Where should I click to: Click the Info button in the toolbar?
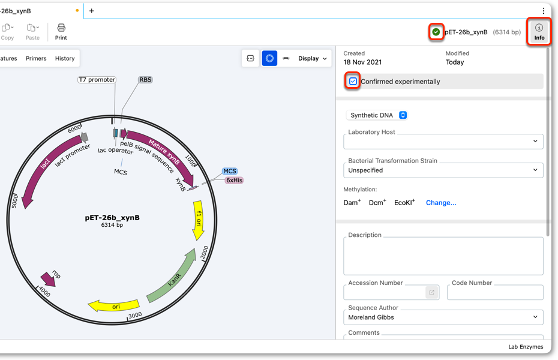pyautogui.click(x=539, y=32)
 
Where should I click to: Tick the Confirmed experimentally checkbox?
pyautogui.click(x=353, y=82)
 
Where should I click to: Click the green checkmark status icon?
pyautogui.click(x=436, y=32)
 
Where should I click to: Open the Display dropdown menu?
pyautogui.click(x=312, y=58)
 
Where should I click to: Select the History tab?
pyautogui.click(x=65, y=58)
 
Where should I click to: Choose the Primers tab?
pyautogui.click(x=36, y=58)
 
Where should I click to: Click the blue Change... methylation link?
pyautogui.click(x=441, y=203)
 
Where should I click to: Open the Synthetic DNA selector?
pyautogui.click(x=377, y=115)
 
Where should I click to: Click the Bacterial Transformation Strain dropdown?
pyautogui.click(x=443, y=170)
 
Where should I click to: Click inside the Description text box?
pyautogui.click(x=443, y=256)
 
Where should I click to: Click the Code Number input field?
pyautogui.click(x=495, y=292)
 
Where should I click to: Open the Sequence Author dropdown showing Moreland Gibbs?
pyautogui.click(x=443, y=317)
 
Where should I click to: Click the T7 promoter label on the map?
pyautogui.click(x=97, y=80)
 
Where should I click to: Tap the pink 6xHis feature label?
pyautogui.click(x=234, y=181)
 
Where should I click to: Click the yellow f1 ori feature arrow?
pyautogui.click(x=199, y=220)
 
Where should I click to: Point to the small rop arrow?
pyautogui.click(x=48, y=279)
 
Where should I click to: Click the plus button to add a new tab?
pyautogui.click(x=91, y=11)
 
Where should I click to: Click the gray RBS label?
pyautogui.click(x=145, y=80)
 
